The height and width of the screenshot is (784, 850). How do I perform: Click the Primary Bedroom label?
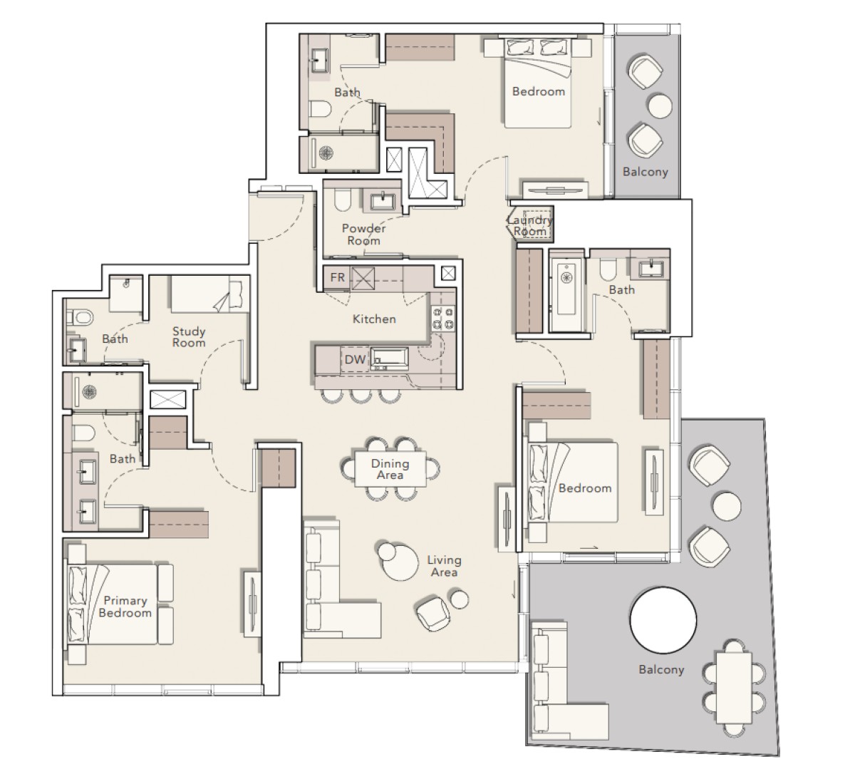(x=125, y=607)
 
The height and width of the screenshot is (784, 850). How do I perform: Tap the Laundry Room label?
(x=529, y=225)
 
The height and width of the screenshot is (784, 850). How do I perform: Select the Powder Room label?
(x=364, y=234)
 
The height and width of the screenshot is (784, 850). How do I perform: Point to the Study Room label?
(x=189, y=336)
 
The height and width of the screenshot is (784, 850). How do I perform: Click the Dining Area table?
(x=390, y=469)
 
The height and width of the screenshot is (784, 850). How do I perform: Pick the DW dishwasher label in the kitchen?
(x=355, y=359)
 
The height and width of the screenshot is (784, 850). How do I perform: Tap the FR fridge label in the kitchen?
(x=337, y=277)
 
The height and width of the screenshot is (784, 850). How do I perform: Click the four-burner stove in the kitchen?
(x=443, y=319)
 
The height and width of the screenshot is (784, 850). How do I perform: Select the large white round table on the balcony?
(x=663, y=621)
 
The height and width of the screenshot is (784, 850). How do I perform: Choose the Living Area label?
(x=444, y=566)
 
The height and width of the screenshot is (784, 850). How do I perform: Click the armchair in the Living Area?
(x=433, y=613)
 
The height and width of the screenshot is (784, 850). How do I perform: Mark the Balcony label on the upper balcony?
(x=645, y=172)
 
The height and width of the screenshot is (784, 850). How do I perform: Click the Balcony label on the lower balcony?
(x=661, y=669)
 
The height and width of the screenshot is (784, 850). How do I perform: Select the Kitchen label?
(x=374, y=319)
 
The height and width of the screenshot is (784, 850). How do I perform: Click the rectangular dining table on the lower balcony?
(x=735, y=688)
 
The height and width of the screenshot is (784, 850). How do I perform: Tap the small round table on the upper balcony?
(x=660, y=106)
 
